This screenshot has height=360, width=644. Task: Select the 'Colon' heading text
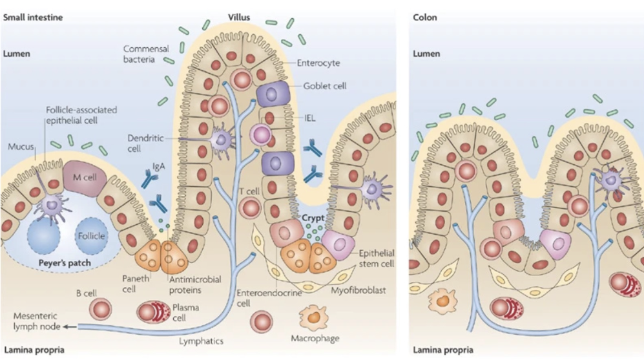coord(424,17)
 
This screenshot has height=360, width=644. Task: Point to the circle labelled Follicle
coord(90,236)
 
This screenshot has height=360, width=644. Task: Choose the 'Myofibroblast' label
coord(358,291)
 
